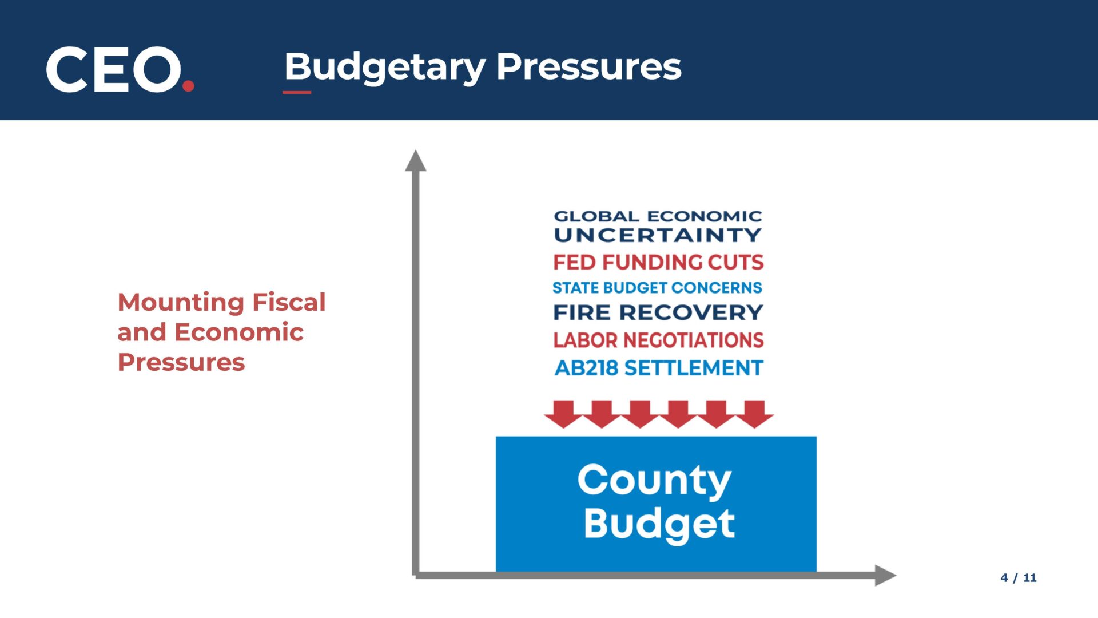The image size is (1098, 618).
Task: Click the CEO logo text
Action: (x=114, y=69)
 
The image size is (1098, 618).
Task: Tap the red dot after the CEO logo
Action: (x=188, y=86)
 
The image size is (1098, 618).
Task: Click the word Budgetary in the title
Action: (x=385, y=68)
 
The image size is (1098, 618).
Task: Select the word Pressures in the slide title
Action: (x=588, y=66)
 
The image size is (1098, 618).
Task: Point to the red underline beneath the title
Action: (x=297, y=92)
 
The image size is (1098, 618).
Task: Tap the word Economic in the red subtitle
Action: (x=239, y=332)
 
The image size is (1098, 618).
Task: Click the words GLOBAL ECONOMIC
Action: (x=658, y=216)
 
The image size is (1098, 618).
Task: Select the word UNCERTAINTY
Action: (x=658, y=235)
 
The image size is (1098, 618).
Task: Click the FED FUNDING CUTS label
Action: (x=658, y=262)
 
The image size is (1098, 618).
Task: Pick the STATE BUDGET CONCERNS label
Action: (x=657, y=287)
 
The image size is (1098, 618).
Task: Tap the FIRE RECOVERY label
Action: (x=658, y=312)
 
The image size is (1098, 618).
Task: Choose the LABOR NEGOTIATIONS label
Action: (x=658, y=340)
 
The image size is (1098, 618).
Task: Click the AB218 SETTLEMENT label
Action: (x=659, y=367)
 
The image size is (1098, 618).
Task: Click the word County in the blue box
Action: (x=654, y=481)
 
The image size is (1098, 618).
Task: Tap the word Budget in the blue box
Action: (x=659, y=524)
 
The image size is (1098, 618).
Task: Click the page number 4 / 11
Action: (x=1019, y=578)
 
